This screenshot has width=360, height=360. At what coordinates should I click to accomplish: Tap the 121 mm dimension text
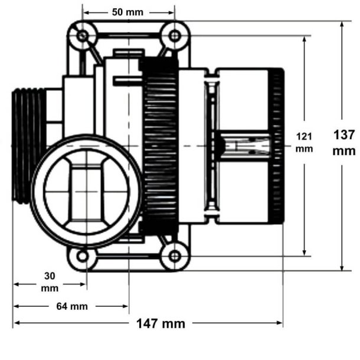tap(305, 143)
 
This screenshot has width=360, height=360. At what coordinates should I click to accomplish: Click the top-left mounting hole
tap(82, 36)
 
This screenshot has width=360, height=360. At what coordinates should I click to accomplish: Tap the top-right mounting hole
tap(175, 36)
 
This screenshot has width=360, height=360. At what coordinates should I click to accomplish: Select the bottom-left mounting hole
tap(83, 256)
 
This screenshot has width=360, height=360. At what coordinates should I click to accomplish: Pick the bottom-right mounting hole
tap(175, 256)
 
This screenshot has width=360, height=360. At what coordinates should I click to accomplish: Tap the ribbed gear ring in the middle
tap(159, 146)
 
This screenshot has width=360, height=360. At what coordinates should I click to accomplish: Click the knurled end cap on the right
tap(276, 146)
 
